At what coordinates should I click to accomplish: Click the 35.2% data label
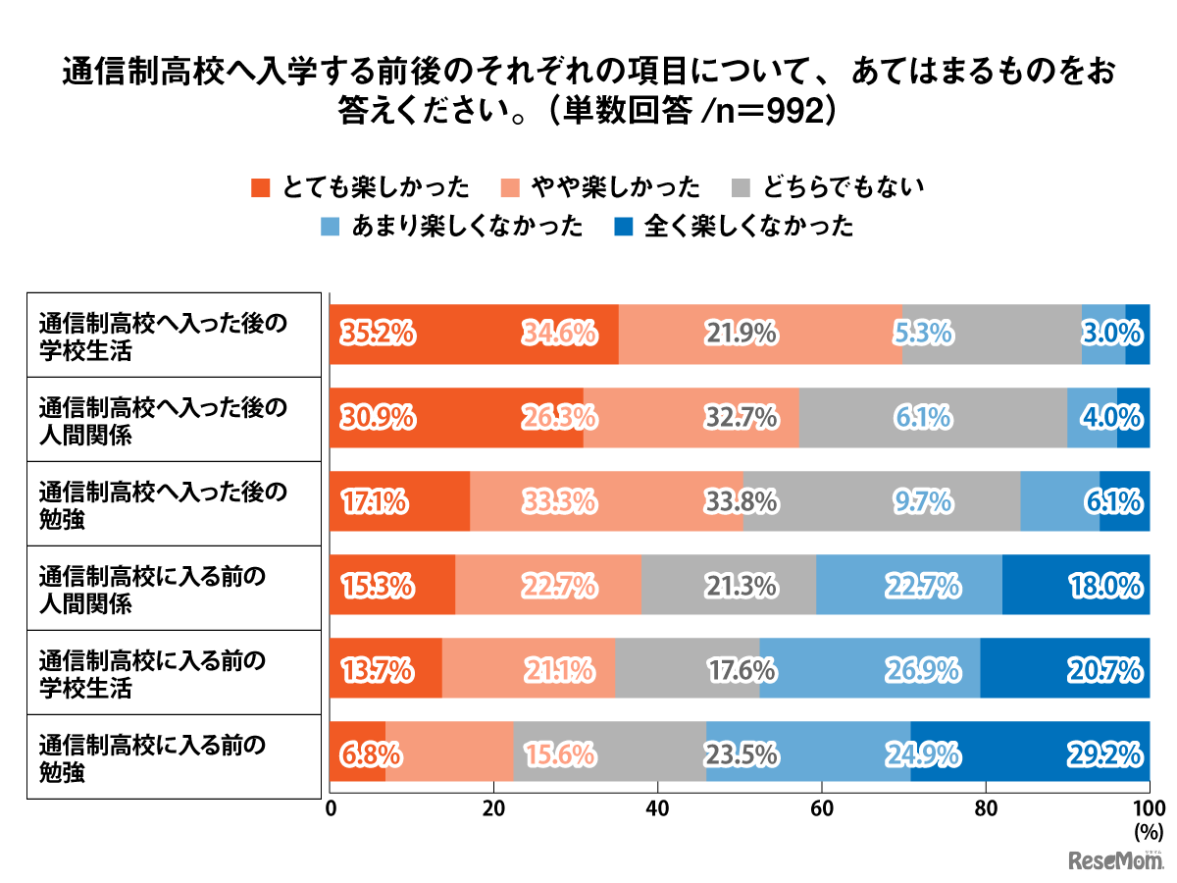tap(378, 334)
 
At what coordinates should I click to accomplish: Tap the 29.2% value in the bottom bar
tap(1104, 754)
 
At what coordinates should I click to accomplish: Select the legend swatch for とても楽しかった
tap(261, 186)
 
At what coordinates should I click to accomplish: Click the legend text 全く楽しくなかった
tap(749, 227)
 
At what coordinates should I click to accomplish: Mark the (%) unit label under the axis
tap(1147, 831)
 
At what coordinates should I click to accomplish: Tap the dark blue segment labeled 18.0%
tap(1076, 587)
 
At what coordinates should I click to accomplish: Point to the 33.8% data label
tap(742, 502)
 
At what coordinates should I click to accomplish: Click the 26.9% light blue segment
tap(869, 671)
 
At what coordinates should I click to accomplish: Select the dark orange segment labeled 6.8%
tap(357, 754)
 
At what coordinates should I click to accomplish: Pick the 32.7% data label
tap(742, 418)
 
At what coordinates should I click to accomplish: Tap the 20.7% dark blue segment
tap(1064, 671)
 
